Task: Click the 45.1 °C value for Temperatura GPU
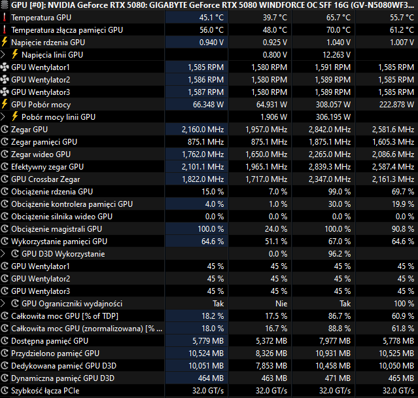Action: (x=211, y=18)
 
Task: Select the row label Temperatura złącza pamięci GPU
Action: (x=66, y=30)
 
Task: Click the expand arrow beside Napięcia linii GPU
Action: (x=5, y=55)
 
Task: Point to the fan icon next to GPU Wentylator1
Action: (x=5, y=67)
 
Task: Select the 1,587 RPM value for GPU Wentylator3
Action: (x=206, y=92)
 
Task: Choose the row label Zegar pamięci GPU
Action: (x=44, y=142)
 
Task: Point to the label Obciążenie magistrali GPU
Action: (x=56, y=229)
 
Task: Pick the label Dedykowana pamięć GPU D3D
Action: (x=63, y=366)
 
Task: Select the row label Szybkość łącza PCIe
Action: (x=49, y=391)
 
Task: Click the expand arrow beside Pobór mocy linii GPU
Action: (x=5, y=117)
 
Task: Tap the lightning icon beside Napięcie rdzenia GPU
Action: (x=5, y=43)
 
